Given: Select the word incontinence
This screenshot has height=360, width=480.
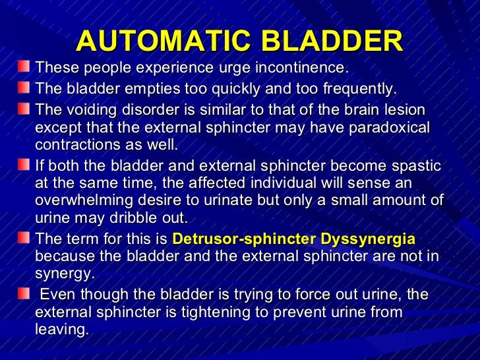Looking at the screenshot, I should point(301,69).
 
